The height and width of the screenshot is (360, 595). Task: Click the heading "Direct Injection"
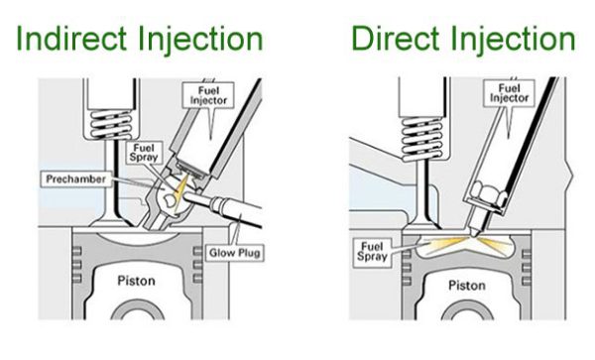click(462, 39)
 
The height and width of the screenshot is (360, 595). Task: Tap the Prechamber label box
click(75, 178)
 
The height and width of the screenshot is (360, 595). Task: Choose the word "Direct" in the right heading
click(396, 39)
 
